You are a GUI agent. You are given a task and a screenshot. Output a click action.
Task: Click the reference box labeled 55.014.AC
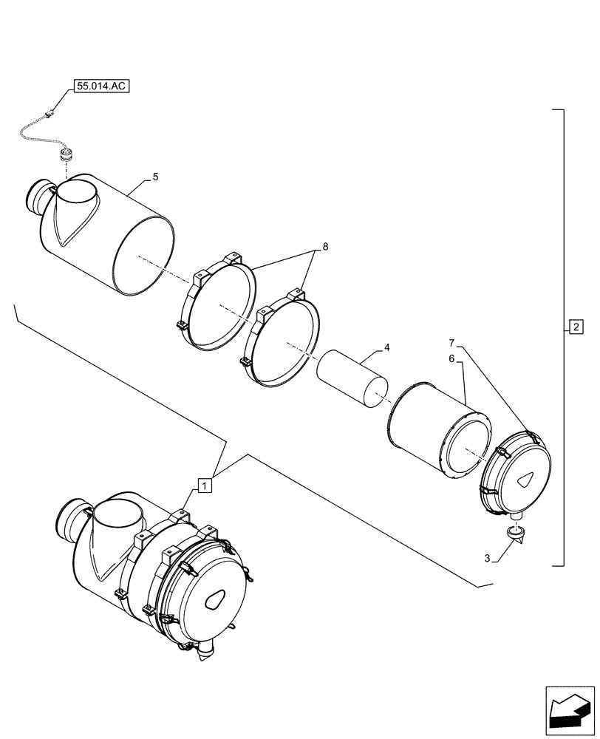point(101,86)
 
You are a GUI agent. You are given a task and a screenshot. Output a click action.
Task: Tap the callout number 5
point(155,177)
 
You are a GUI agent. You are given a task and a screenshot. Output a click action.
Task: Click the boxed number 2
point(576,326)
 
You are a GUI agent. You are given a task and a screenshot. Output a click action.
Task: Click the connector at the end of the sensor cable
point(51,114)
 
